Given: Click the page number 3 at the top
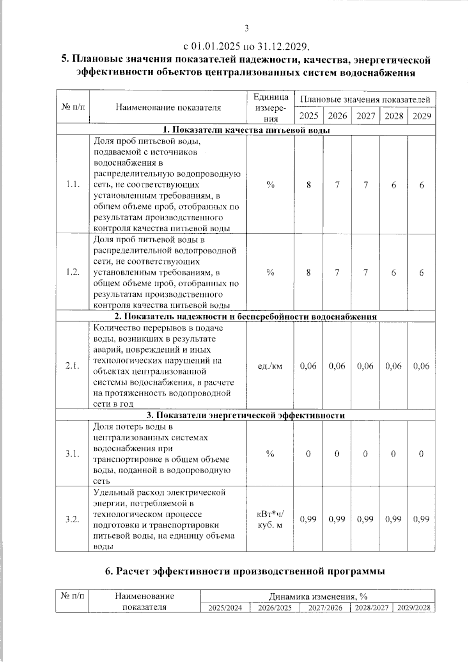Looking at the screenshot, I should point(246,28).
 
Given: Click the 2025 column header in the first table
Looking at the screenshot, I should point(308,116).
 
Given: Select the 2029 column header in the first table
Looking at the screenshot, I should point(422,116).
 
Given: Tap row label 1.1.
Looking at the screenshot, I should point(73,185).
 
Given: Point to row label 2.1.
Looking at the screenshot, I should point(73,366).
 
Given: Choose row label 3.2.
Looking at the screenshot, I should point(73,519).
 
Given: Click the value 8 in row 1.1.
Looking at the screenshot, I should point(308,185).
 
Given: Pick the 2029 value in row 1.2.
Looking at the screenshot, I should point(422,273).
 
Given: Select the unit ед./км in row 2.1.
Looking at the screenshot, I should point(270,366).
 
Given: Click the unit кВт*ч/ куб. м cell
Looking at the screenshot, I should point(270,519).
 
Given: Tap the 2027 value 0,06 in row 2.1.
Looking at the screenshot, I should point(365,366).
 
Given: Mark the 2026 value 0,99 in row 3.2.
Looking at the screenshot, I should point(337,519).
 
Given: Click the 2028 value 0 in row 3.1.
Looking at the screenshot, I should point(393,454).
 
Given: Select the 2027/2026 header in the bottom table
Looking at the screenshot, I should point(325,608).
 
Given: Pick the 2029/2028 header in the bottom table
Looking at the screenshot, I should point(413,608).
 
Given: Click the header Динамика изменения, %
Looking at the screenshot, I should point(317,596).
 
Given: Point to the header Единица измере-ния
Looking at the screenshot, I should point(270,108).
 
